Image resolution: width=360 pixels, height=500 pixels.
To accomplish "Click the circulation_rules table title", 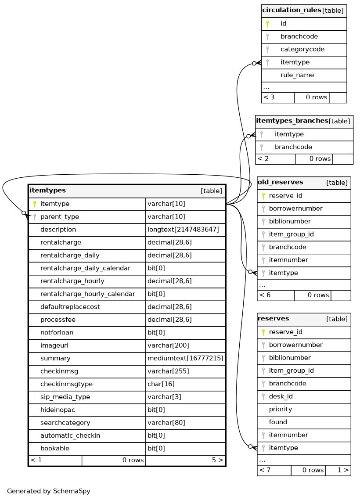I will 291,11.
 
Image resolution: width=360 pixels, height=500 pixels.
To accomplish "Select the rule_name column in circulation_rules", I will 297,75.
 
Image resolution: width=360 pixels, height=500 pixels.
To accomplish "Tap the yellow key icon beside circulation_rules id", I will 267,24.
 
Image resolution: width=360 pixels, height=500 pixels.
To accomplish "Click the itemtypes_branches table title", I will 292,121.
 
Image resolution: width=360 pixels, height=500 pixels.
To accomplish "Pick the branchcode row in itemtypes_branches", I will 293,147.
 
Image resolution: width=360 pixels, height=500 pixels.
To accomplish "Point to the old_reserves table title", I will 280,182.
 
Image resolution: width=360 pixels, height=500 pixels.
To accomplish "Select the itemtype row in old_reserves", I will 283,273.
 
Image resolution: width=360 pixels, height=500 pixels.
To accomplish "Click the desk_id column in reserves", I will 281,396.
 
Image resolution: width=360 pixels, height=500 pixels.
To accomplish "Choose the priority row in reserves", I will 281,409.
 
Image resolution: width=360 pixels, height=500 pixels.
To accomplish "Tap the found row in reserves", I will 278,422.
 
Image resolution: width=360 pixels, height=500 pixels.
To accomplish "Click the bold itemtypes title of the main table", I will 47,191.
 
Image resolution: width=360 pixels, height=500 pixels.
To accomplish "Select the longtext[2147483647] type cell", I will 183,230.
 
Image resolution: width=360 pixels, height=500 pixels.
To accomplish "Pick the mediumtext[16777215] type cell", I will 185,359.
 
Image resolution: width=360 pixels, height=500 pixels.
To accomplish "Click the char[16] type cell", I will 161,384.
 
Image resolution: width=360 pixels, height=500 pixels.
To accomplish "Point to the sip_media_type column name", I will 65,397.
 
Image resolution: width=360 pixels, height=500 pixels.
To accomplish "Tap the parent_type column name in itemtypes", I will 59,217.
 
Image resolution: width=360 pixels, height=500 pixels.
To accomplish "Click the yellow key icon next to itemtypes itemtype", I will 35,204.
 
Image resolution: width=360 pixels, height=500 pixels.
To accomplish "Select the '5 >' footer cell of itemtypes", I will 217,460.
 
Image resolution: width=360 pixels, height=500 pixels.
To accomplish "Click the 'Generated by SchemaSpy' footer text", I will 49,491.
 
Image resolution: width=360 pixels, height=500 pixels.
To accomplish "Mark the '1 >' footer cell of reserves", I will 343,470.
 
